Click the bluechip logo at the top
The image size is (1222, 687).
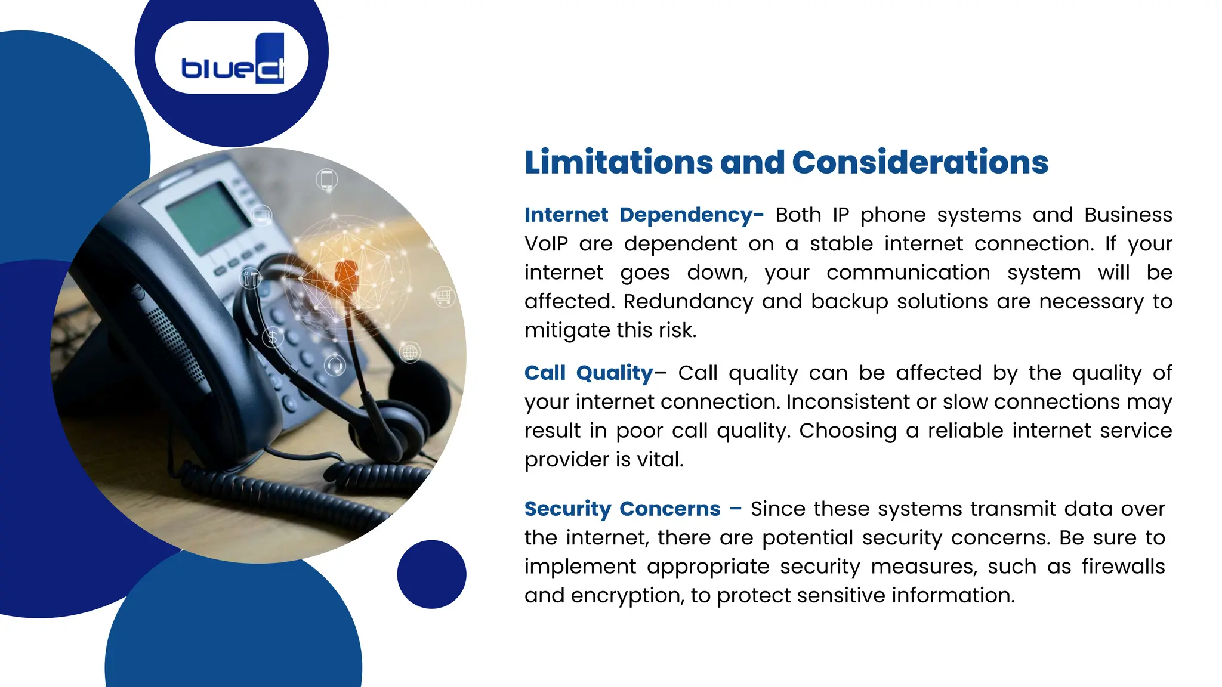tap(232, 58)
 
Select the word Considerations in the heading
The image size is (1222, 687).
tap(919, 162)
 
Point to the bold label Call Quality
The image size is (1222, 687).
tap(588, 373)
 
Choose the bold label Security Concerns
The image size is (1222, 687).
tap(622, 509)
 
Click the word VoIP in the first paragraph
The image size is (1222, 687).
tap(546, 244)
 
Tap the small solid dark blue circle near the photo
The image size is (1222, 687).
tap(431, 574)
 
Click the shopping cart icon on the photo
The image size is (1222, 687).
tap(444, 296)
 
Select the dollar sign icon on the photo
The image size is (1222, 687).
tap(273, 338)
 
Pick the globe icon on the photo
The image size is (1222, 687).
tap(410, 352)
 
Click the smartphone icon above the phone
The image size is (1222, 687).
tap(327, 179)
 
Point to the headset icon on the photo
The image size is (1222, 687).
tap(335, 364)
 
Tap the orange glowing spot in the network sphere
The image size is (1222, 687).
tap(346, 274)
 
